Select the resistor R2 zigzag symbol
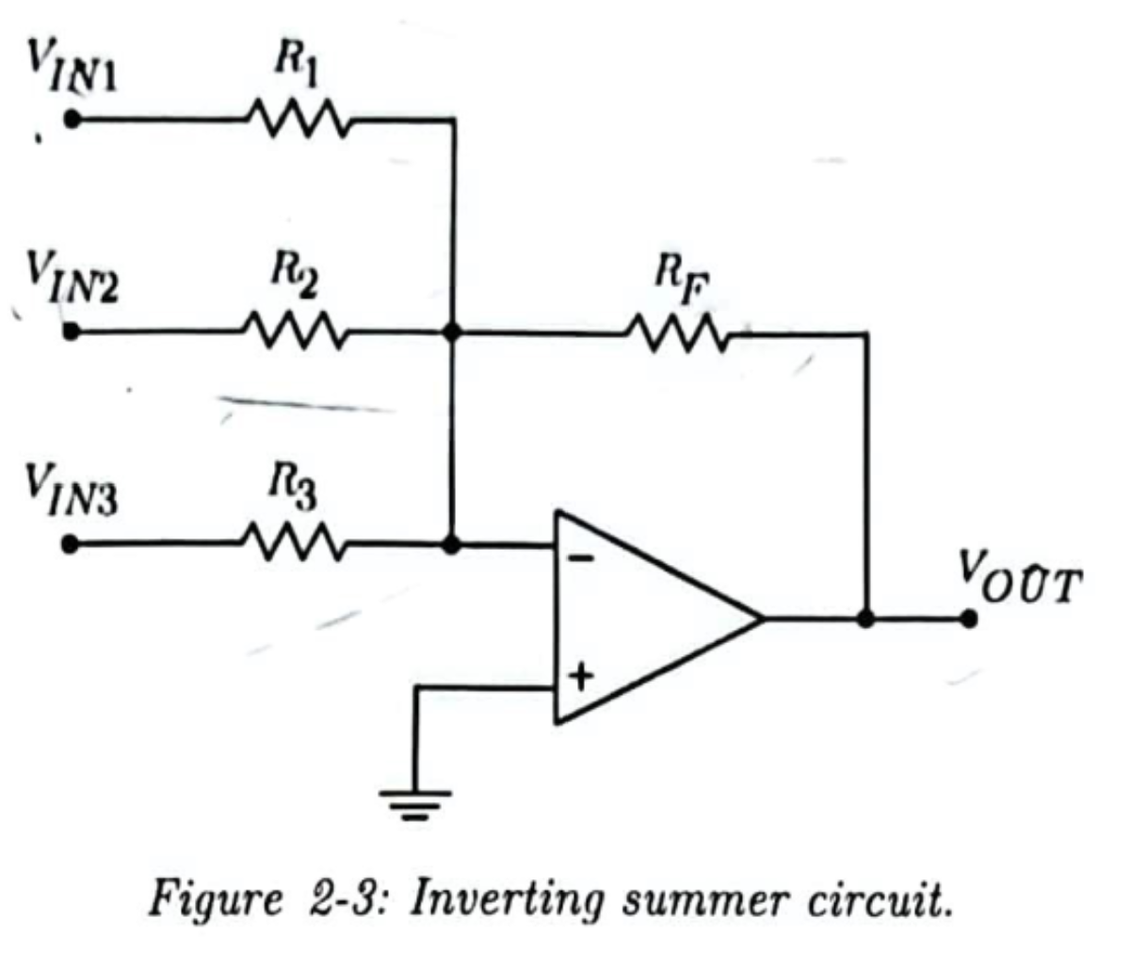pos(295,330)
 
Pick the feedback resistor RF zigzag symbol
pos(678,333)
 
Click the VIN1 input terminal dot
pos(73,119)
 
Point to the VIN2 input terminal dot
pos(71,330)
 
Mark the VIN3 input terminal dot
pos(70,544)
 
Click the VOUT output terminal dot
pos(968,620)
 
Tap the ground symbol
pos(415,805)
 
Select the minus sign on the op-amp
pos(581,558)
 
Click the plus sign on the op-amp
pos(581,677)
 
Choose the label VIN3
pos(71,490)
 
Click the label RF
pos(682,282)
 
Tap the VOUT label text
pos(1020,578)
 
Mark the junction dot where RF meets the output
pos(865,620)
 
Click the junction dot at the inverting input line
pos(451,544)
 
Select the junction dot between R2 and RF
pos(452,331)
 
